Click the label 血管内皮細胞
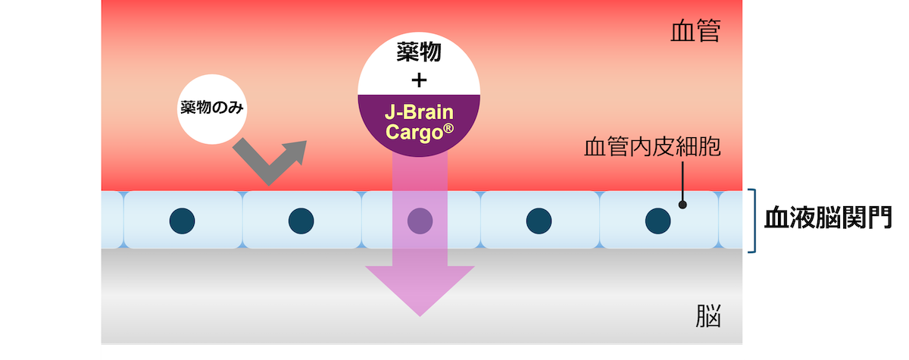click(x=651, y=146)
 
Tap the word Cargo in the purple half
click(x=412, y=131)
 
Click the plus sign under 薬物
click(x=418, y=79)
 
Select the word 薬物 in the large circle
click(x=419, y=53)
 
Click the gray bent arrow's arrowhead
click(x=295, y=150)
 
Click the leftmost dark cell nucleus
click(x=183, y=221)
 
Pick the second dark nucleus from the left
click(x=301, y=221)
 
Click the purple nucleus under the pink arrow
click(x=420, y=221)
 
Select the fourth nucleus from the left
click(x=539, y=221)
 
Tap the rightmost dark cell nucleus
click(x=657, y=221)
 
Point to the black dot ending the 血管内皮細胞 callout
click(x=683, y=204)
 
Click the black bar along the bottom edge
click(x=422, y=353)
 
